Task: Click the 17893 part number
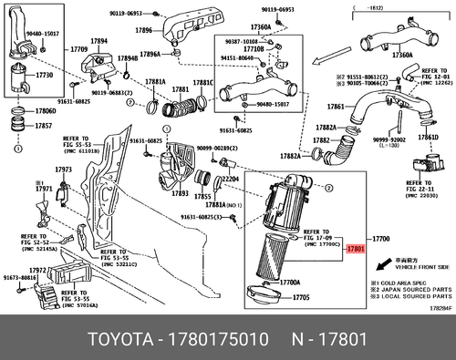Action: (x=179, y=193)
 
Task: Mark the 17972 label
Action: (x=36, y=271)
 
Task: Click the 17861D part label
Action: (x=428, y=137)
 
